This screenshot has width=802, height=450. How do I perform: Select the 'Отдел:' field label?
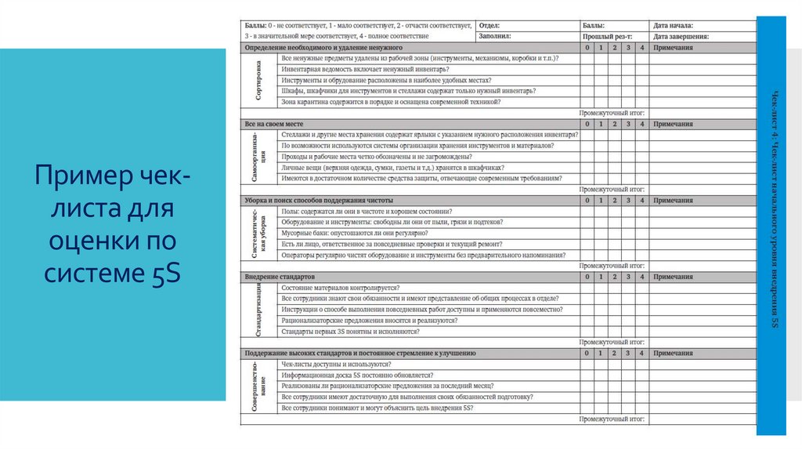(x=489, y=26)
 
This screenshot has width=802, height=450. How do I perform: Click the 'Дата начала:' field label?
(x=674, y=26)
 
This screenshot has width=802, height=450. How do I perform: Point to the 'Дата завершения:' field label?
(x=681, y=36)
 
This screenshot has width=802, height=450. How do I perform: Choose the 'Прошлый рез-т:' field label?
(x=608, y=36)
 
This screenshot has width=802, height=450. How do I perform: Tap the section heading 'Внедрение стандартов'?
(x=280, y=277)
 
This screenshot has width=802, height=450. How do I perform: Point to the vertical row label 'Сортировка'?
(x=258, y=80)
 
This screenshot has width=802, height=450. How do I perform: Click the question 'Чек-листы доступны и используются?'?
(x=336, y=365)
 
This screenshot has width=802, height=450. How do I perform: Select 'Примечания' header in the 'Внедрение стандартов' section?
(x=673, y=277)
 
